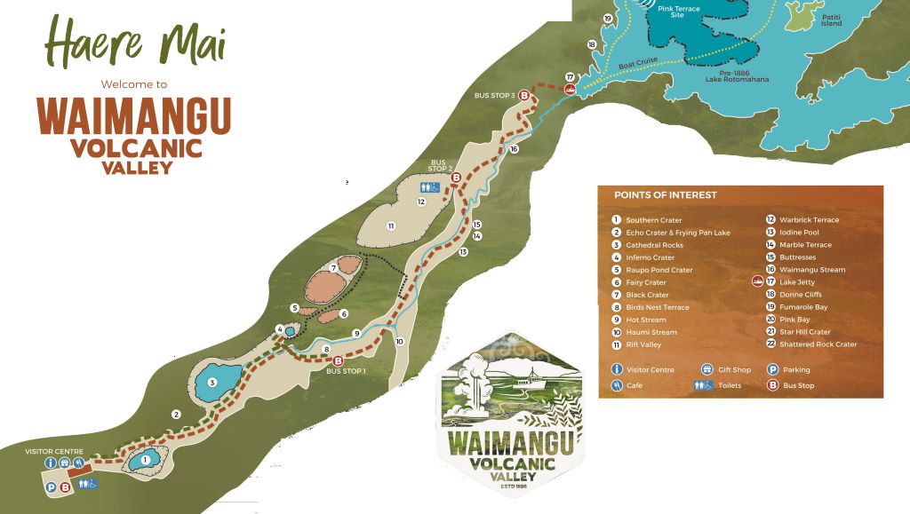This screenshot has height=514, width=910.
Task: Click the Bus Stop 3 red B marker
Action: (x=524, y=96)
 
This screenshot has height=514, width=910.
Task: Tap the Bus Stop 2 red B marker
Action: (x=456, y=178)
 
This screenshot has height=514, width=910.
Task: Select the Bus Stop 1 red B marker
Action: (x=338, y=360)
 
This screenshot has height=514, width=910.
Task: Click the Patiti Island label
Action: (x=832, y=20)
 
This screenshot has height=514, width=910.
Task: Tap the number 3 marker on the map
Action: (x=212, y=383)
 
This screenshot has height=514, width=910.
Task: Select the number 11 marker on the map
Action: (x=390, y=226)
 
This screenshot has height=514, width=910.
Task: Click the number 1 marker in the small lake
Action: (x=145, y=459)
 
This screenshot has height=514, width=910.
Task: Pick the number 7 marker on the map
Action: (x=332, y=267)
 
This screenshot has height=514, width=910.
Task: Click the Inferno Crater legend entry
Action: (x=650, y=257)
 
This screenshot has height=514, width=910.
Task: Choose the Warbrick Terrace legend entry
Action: (x=808, y=220)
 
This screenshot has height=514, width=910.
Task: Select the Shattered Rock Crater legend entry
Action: (x=818, y=344)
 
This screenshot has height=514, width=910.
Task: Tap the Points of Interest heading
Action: (x=665, y=195)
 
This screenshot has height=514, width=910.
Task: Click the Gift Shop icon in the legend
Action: (x=708, y=369)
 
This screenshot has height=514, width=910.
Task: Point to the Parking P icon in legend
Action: (x=772, y=369)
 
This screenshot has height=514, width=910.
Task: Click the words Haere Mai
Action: (x=135, y=43)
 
